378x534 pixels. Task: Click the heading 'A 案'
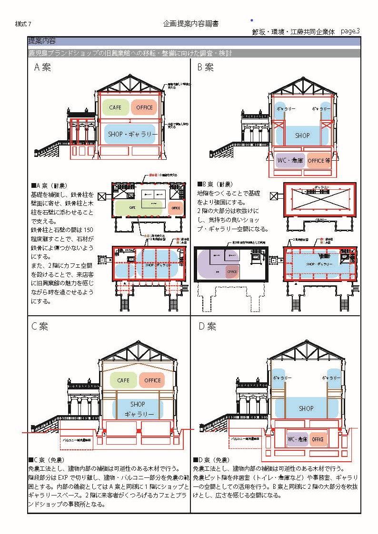42,68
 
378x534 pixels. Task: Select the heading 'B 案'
206,68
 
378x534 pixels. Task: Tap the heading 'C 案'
40,327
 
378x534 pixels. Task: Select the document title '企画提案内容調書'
191,23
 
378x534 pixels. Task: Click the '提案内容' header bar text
41,41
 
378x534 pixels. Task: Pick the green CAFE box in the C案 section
123,380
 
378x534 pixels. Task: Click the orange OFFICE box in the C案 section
152,380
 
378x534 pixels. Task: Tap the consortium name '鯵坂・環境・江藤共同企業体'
294,32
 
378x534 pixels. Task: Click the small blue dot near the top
251,20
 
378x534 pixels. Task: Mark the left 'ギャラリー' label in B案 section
286,109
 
